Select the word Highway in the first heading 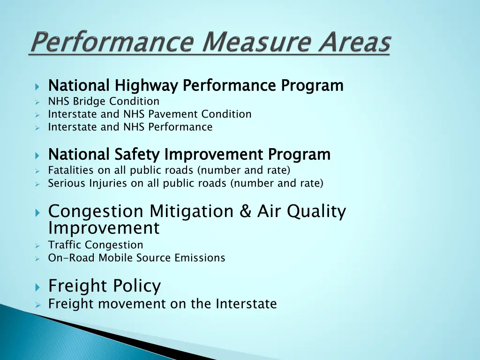coord(146,86)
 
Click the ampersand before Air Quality coord(245,211)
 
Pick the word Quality coord(316,211)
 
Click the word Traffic coord(65,245)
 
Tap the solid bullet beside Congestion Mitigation coord(38,212)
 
